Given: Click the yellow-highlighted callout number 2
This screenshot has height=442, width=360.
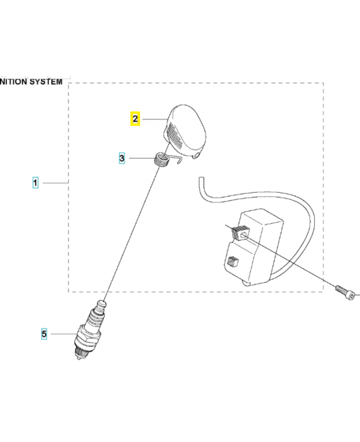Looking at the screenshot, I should tap(135, 118).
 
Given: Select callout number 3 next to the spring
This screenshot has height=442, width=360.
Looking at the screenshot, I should tap(122, 159).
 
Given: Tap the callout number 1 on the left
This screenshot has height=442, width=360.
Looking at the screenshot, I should tap(35, 182).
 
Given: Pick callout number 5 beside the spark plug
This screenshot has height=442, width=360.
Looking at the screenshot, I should tap(44, 333).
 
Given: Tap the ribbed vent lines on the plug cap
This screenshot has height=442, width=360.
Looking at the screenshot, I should tap(174, 136).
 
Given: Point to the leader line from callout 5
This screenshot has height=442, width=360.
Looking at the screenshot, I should tap(62, 334).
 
